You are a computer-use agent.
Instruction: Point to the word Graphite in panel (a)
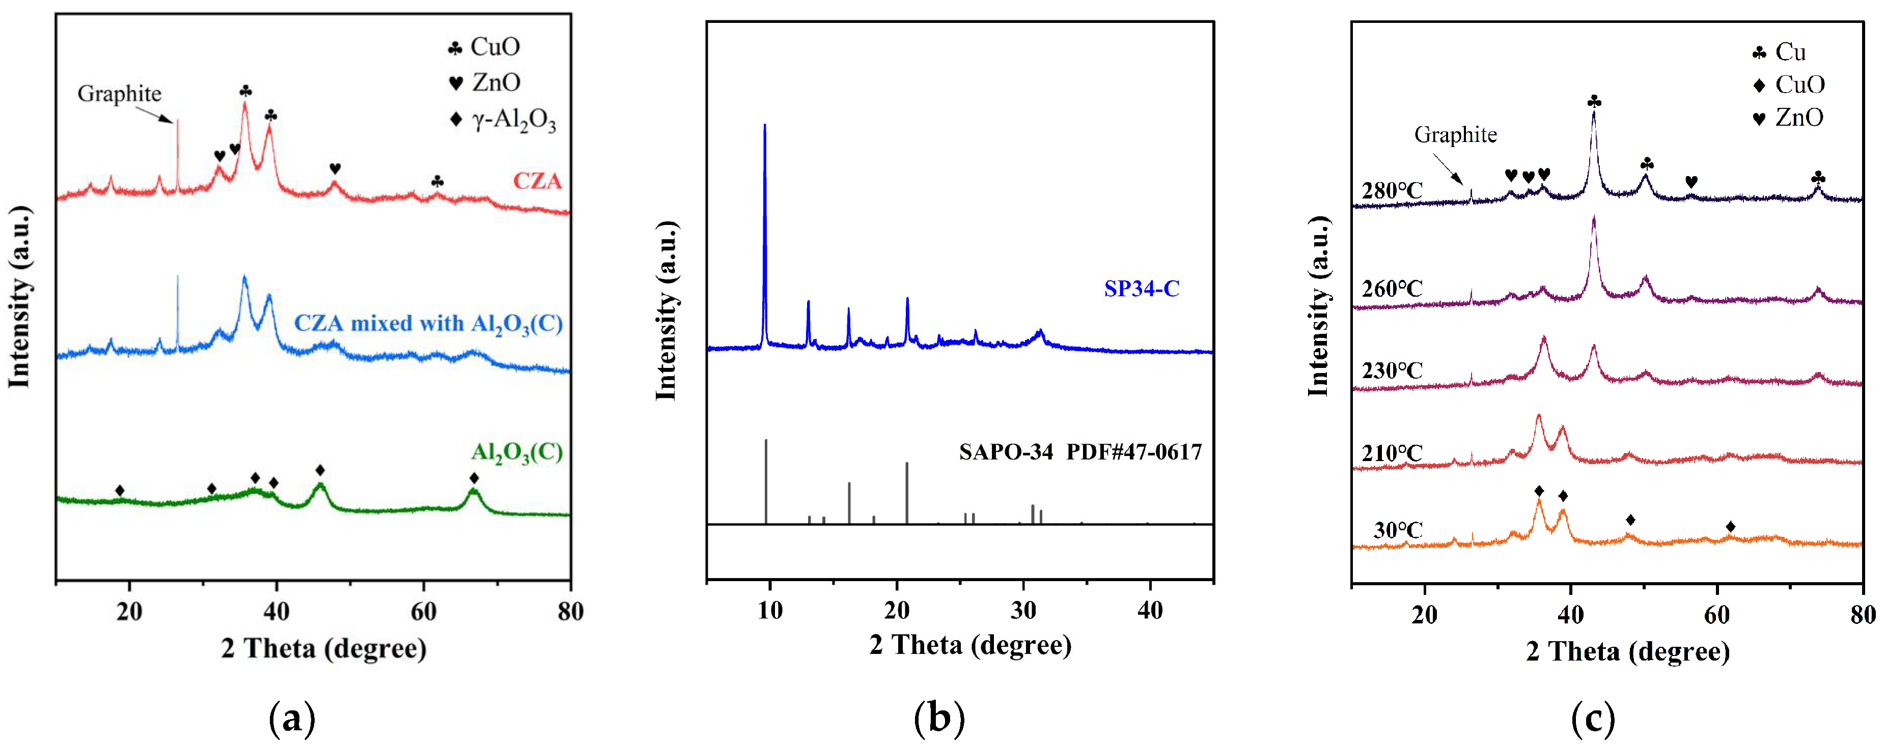pos(119,94)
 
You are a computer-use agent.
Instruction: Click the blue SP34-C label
pos(1142,289)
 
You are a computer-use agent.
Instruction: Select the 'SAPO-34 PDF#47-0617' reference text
pos(1080,452)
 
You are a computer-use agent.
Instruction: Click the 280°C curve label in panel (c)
pos(1392,191)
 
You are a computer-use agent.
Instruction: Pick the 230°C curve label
pos(1392,371)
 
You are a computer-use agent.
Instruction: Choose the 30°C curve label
pos(1397,530)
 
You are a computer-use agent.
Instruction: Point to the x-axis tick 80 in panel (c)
pos(1862,615)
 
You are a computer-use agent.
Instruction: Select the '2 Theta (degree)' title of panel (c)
pos(1627,651)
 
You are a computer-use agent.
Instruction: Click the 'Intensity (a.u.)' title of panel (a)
pos(20,296)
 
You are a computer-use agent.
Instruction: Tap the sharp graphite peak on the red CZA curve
pos(178,124)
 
